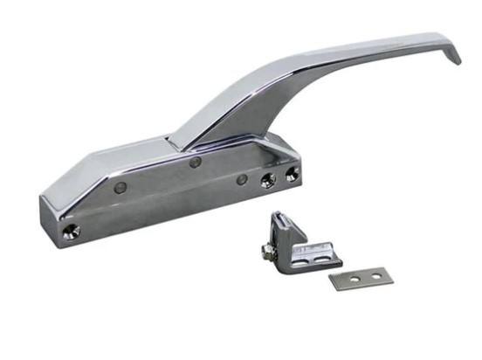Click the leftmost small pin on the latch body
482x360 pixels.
tap(120, 187)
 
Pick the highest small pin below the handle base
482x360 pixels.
tap(196, 162)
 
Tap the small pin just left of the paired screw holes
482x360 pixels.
tap(241, 181)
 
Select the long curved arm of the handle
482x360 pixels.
tap(332, 61)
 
